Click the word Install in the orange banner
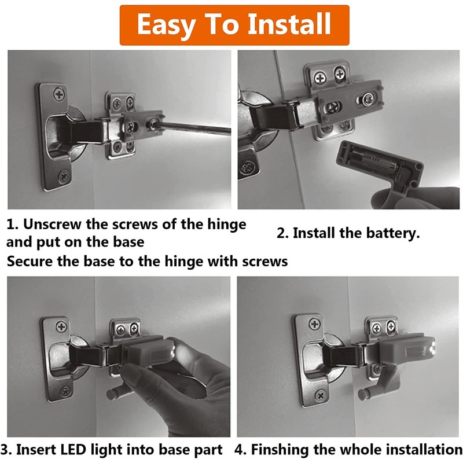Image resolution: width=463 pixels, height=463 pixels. tap(289, 25)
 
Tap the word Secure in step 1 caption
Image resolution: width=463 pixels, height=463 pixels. tap(28, 262)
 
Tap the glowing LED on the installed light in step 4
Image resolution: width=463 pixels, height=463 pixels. tap(433, 349)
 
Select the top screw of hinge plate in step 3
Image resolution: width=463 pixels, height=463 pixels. tap(61, 326)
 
